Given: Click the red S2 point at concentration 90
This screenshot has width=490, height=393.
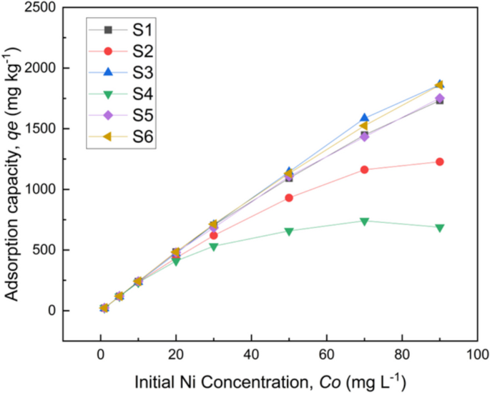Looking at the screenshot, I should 439,162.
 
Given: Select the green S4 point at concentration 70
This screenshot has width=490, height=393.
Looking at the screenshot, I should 364,222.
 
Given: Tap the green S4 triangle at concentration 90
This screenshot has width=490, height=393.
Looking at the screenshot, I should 439,227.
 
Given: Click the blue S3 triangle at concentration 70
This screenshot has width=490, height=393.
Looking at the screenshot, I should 364,118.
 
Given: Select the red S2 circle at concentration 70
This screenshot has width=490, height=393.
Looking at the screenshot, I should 364,169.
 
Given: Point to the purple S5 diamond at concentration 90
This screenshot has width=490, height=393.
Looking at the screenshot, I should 439,99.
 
